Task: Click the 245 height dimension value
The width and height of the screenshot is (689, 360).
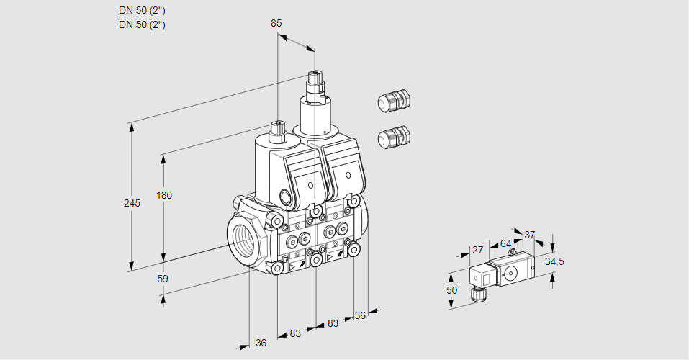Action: (132, 204)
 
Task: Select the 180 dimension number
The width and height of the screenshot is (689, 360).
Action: (166, 196)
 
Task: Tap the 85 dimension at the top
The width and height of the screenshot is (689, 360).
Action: (276, 23)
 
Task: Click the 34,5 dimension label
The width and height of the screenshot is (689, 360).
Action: (554, 261)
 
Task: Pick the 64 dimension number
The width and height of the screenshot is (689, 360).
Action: (505, 244)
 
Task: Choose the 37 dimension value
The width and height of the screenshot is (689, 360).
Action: (530, 235)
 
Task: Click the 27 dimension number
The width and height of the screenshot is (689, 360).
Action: (477, 251)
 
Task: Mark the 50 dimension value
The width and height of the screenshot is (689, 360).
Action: (451, 290)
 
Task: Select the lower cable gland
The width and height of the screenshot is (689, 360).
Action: (393, 137)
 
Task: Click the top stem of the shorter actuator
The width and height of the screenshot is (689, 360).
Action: (277, 130)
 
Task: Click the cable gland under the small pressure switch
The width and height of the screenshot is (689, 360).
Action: (476, 294)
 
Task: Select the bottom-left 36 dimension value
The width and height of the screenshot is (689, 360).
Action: (261, 343)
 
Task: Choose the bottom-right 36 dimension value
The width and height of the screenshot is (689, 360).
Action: (361, 315)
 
